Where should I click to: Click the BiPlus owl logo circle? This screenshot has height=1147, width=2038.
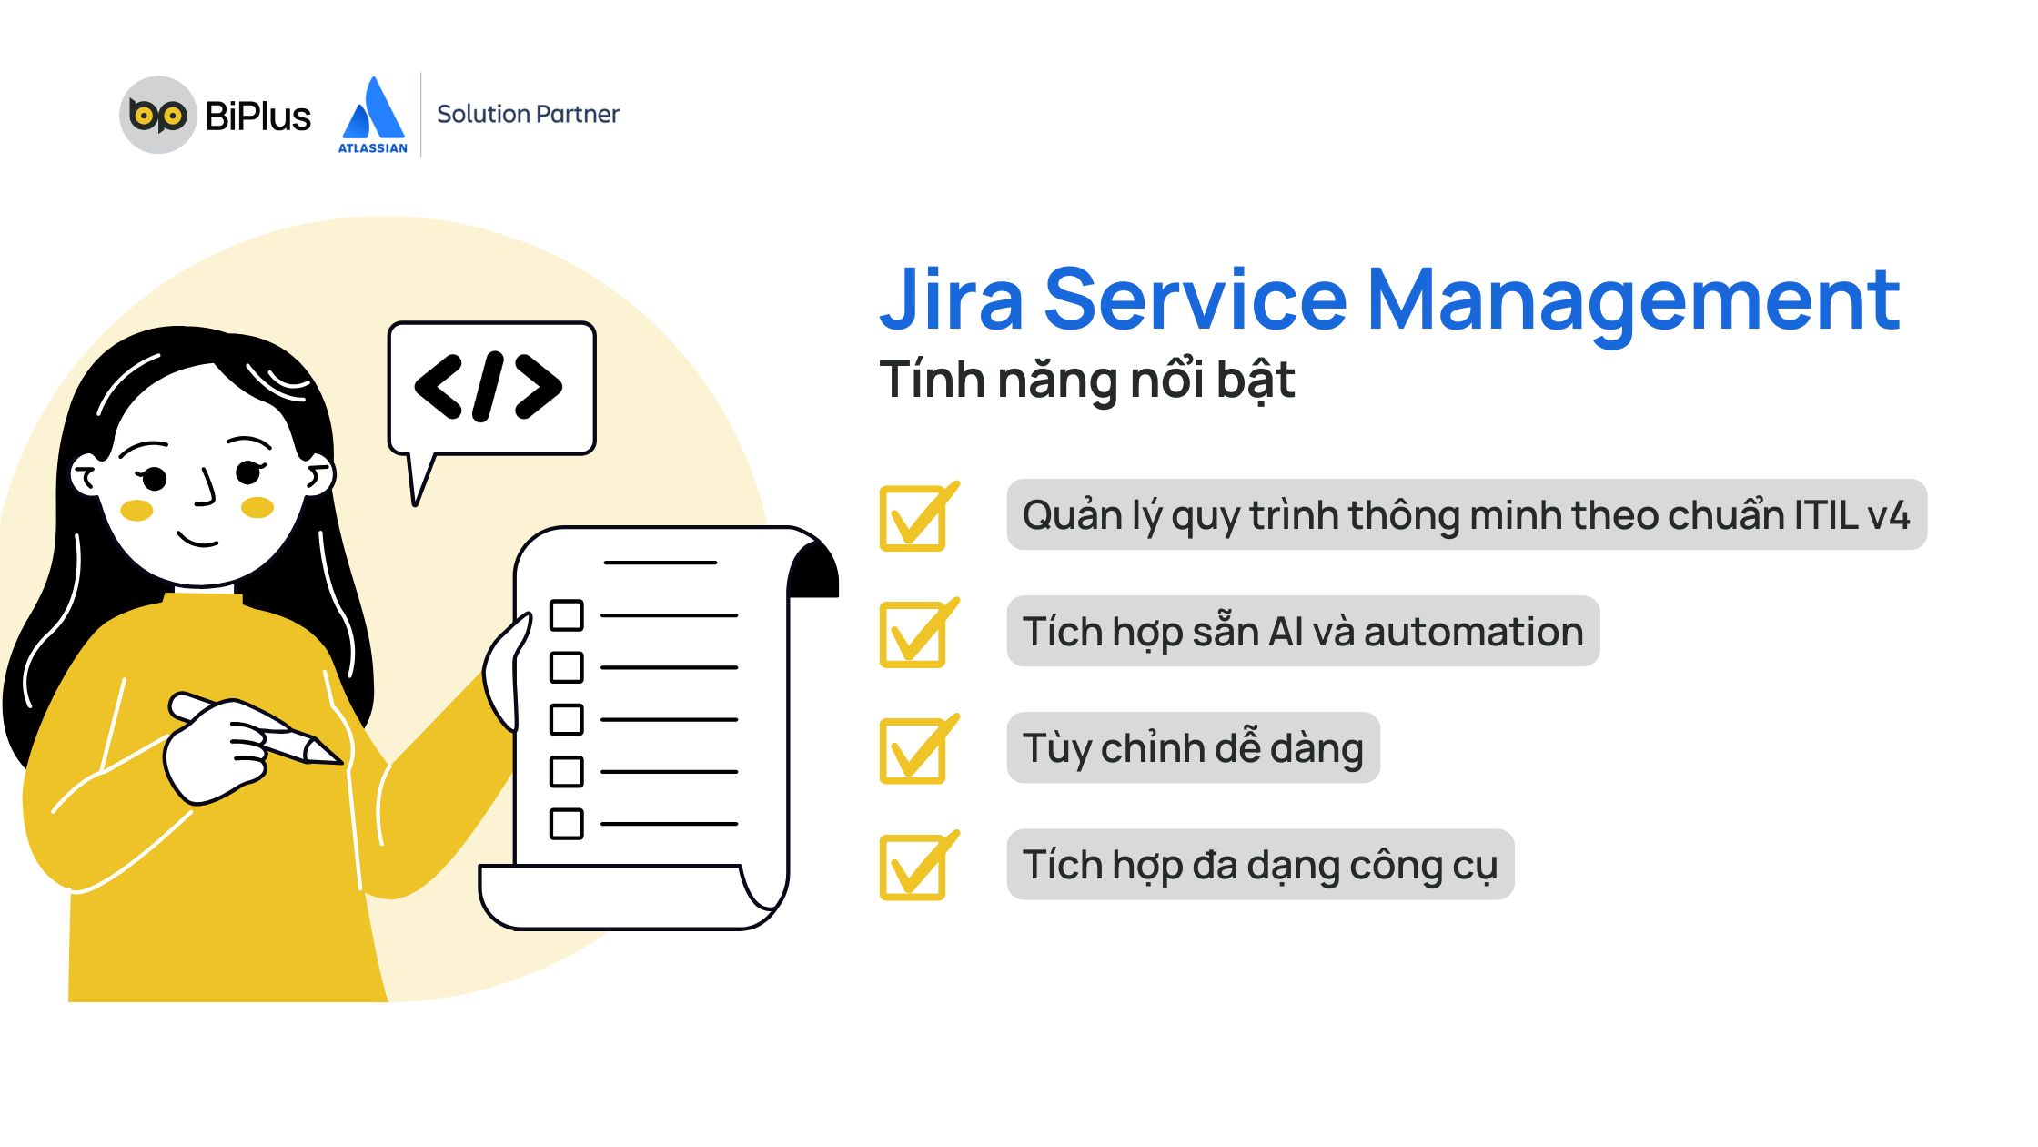coord(158,115)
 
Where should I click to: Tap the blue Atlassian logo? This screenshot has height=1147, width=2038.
coord(373,115)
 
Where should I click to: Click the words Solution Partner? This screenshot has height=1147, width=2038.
coord(528,114)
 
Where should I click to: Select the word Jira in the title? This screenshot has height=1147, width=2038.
coord(952,300)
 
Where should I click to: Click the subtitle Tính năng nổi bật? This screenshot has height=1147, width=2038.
coord(1087,381)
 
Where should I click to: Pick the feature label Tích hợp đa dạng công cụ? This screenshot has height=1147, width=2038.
coord(1260,865)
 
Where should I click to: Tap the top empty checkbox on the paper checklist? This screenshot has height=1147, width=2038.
coord(567,615)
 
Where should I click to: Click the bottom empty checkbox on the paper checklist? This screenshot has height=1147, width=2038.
coord(567,824)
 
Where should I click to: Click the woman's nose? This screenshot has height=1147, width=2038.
coord(207,487)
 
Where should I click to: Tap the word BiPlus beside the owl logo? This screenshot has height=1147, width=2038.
coord(258,117)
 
